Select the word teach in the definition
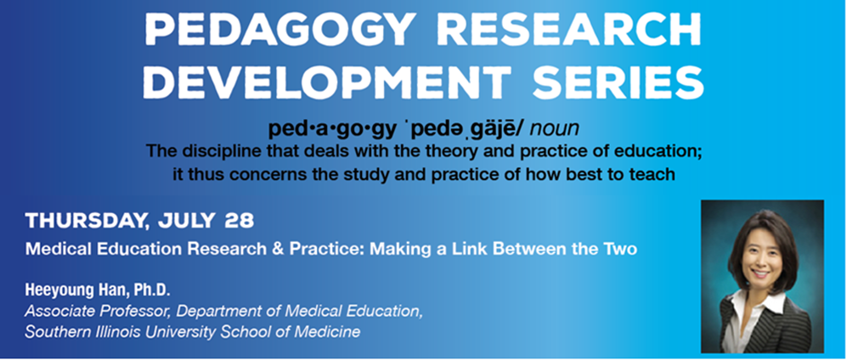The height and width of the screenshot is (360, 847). click(655, 175)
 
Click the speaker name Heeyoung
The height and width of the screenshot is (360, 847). click(57, 291)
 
